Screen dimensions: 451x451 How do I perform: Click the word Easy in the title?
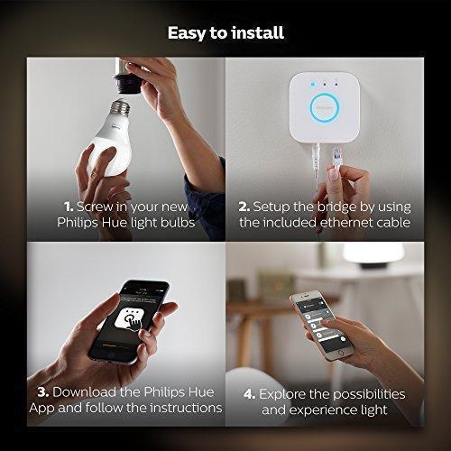coord(187,33)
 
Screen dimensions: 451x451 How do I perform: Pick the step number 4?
coord(250,394)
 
